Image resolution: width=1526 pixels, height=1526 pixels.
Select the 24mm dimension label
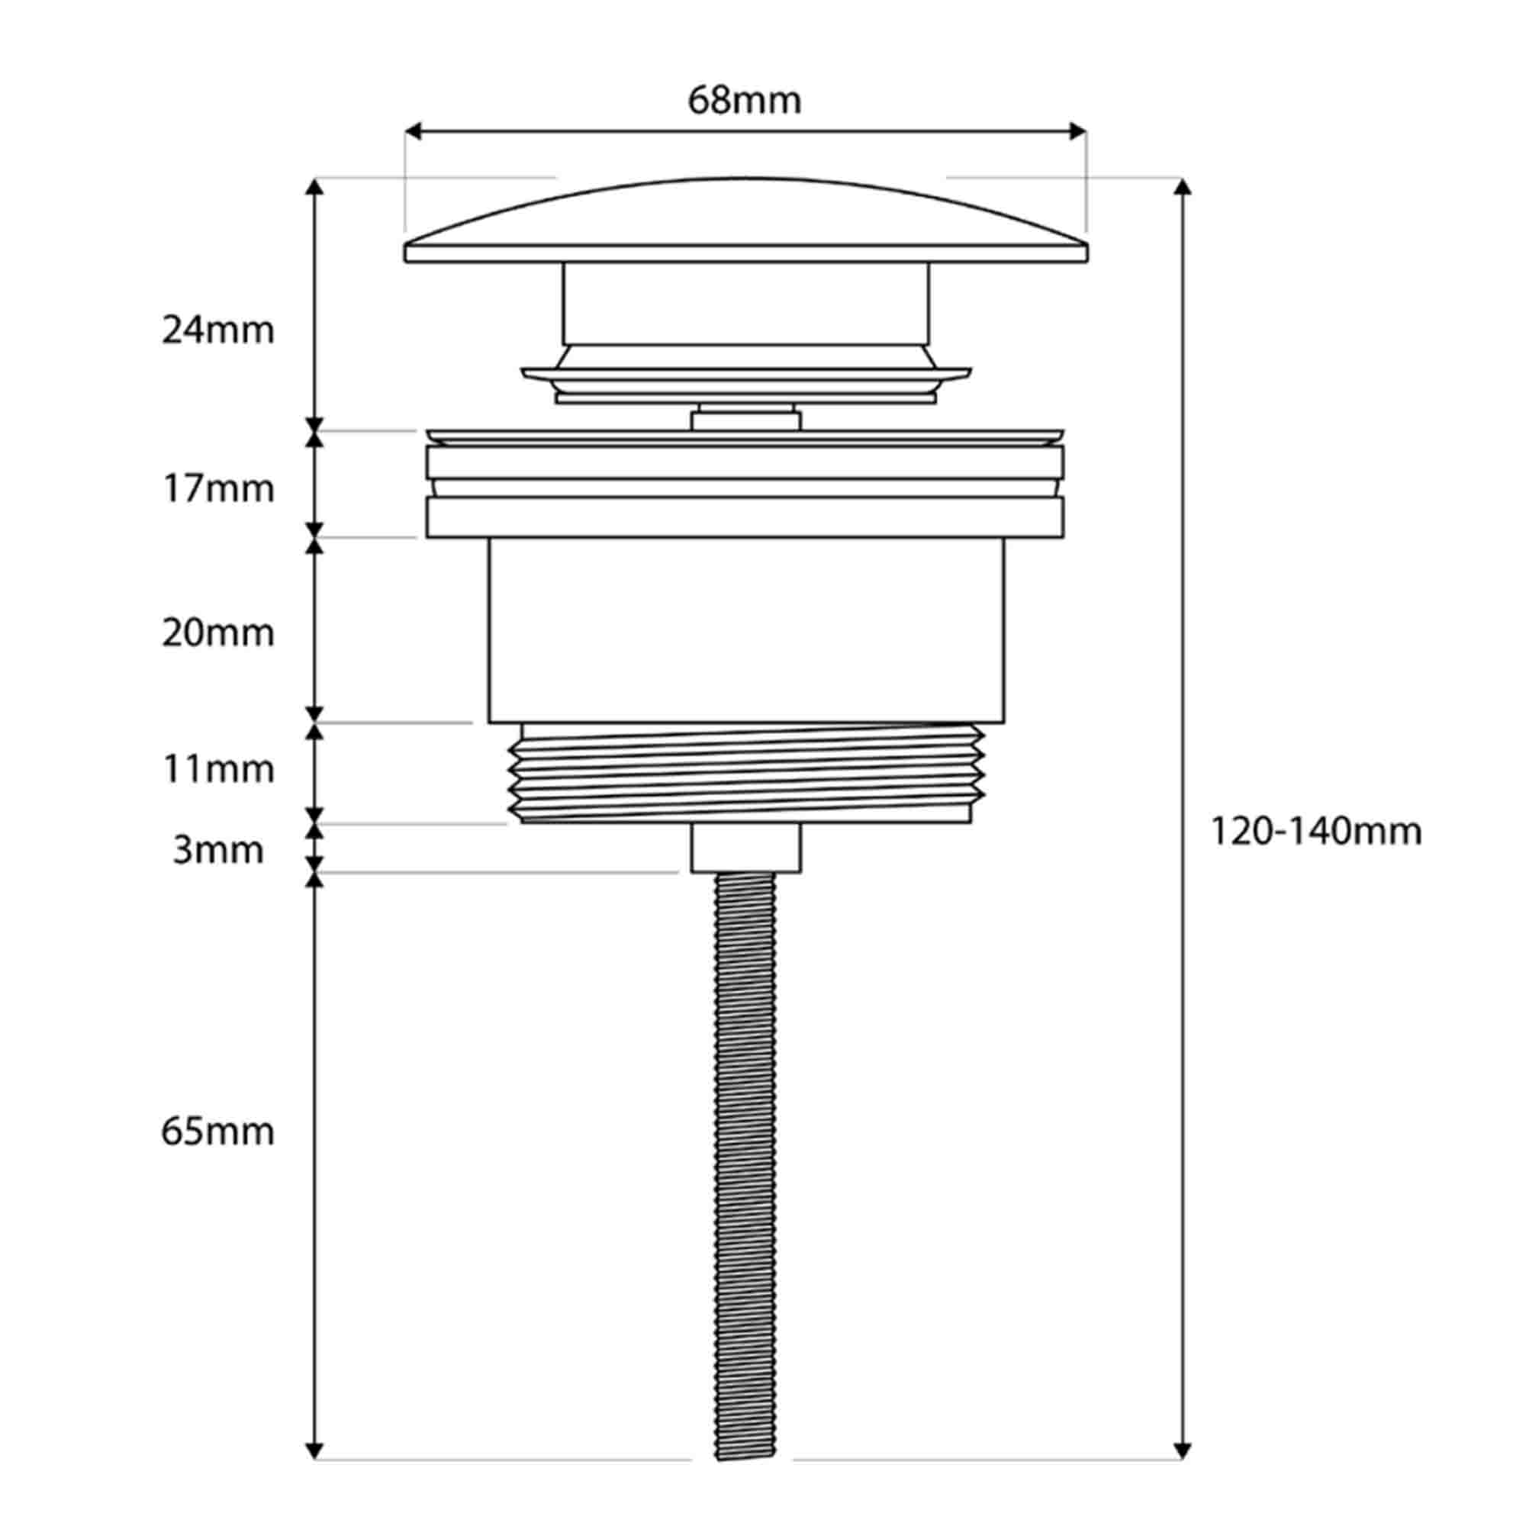(x=218, y=330)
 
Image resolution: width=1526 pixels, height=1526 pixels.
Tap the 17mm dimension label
(x=218, y=489)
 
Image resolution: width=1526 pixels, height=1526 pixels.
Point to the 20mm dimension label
(x=218, y=633)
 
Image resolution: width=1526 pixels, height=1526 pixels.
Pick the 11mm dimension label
(x=218, y=768)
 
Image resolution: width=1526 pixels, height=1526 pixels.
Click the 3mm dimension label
(x=218, y=850)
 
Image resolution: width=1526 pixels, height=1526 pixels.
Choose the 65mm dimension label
(x=218, y=1132)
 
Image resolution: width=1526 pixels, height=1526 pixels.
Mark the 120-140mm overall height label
(x=1316, y=831)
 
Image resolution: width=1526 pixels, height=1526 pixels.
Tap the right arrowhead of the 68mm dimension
(x=1078, y=131)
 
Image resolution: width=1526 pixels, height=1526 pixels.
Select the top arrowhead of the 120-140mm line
(x=1182, y=186)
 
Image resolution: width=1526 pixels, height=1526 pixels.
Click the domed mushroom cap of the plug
(x=745, y=221)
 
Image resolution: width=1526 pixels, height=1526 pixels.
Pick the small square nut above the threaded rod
(x=745, y=848)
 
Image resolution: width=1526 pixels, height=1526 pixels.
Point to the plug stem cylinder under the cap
(x=745, y=304)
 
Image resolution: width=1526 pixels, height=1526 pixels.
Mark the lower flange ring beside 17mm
(x=745, y=517)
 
